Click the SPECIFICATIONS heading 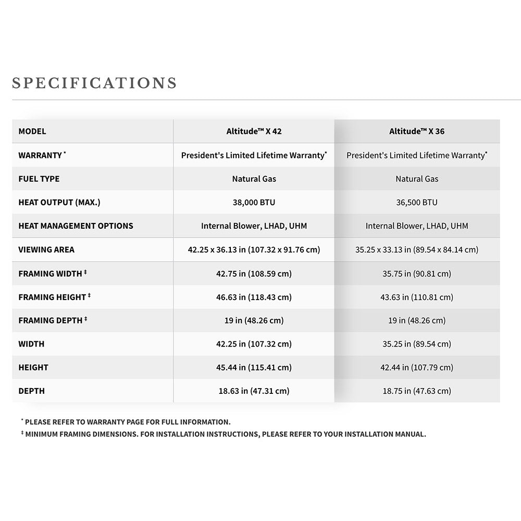(94, 83)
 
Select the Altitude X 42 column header (254, 131)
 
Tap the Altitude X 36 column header (417, 131)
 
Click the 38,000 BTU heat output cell (254, 202)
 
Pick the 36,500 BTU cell (417, 202)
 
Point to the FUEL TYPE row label (39, 179)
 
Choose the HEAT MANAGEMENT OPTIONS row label (76, 226)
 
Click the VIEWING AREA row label (46, 250)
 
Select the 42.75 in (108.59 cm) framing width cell (254, 274)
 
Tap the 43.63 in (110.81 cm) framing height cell (417, 297)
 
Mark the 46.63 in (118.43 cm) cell (254, 297)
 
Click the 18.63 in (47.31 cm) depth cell (254, 391)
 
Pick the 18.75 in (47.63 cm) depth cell (417, 391)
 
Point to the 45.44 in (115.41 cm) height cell (254, 367)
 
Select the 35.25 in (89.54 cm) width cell (417, 344)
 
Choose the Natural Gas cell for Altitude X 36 (417, 179)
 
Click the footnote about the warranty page (127, 422)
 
